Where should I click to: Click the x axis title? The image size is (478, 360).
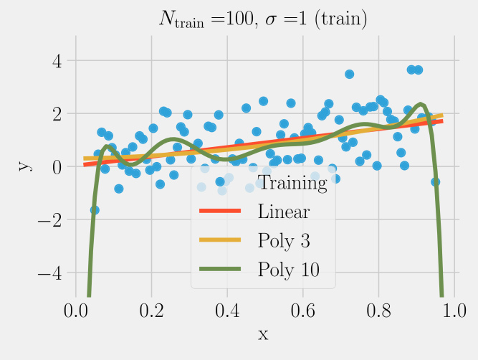[263, 334]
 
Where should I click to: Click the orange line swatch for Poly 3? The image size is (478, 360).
[219, 240]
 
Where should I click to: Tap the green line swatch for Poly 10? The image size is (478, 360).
[219, 268]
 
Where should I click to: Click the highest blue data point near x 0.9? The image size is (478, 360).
[412, 70]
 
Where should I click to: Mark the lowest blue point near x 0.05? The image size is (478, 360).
[95, 210]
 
